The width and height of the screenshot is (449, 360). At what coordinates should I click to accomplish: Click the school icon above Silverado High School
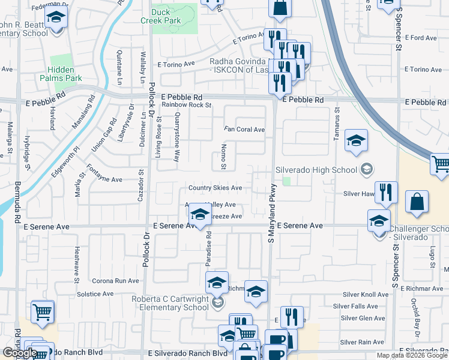pos(357,142)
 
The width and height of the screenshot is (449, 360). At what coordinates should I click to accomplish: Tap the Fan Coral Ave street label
pos(244,130)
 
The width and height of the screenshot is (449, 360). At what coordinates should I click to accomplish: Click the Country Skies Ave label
pos(215,188)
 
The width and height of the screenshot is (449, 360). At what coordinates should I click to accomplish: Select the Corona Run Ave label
pos(115,280)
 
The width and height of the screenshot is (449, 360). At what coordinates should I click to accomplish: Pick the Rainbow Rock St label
pos(188,105)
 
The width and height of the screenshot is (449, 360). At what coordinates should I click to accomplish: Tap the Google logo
pos(20,353)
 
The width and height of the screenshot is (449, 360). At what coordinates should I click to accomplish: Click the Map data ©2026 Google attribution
pos(412,355)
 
